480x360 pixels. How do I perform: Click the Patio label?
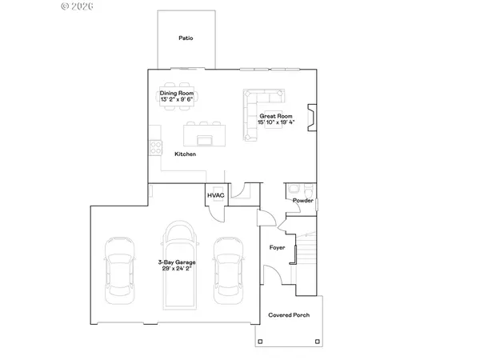(186, 38)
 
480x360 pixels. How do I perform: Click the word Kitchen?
(186, 154)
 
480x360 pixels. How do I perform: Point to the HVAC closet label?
(216, 195)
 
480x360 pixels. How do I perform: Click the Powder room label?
(302, 200)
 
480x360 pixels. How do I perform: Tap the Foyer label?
(277, 247)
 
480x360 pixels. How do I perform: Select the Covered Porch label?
(289, 315)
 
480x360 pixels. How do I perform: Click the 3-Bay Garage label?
(177, 262)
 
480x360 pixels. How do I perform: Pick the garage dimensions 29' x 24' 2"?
(177, 269)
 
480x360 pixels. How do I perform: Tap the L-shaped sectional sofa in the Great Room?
(257, 108)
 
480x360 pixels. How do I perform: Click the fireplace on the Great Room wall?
(312, 118)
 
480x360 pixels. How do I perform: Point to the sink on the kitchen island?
(205, 141)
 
